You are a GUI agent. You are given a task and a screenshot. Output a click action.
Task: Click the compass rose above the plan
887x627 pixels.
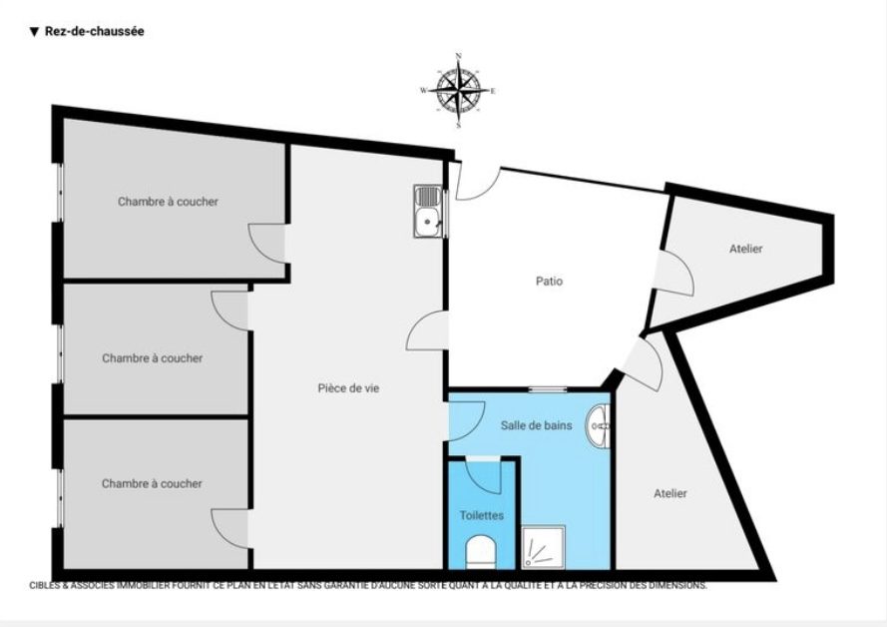click(458, 91)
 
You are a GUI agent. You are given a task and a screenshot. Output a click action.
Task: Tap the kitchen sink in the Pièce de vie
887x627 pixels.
click(429, 211)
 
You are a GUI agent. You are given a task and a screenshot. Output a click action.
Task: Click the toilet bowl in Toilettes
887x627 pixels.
click(480, 552)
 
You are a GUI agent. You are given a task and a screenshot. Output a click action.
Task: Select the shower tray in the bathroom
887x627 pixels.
click(543, 547)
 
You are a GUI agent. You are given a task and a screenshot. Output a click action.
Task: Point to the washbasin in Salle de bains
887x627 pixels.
click(599, 425)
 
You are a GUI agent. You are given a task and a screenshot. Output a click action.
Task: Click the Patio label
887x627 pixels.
click(550, 281)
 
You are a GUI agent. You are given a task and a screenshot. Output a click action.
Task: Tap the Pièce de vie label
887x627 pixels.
click(348, 388)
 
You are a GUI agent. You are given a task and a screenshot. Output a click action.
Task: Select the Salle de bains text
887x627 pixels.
click(536, 425)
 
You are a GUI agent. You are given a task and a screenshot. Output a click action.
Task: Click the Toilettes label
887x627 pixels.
click(481, 515)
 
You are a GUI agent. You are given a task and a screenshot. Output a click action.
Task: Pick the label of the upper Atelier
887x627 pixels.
click(745, 249)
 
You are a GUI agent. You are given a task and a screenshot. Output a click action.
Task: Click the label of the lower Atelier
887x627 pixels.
click(670, 493)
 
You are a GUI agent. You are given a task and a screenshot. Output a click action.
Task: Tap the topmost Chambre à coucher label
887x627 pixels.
click(168, 202)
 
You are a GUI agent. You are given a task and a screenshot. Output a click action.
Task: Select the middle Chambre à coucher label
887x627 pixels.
click(153, 358)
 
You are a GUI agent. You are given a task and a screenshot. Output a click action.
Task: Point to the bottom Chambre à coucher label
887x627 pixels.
click(152, 484)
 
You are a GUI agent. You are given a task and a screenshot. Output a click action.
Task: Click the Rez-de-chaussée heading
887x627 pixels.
click(87, 32)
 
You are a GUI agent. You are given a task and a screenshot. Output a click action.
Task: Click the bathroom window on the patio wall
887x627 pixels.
click(548, 389)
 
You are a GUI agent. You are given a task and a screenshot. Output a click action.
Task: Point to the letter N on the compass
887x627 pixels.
click(458, 56)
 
